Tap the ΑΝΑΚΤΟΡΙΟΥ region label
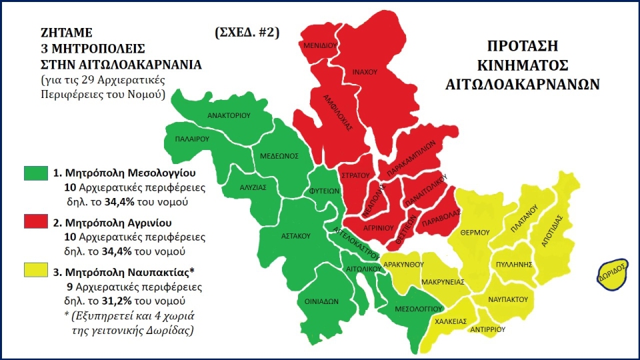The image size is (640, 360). pos(228,115)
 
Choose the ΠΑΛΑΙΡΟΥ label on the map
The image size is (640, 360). pos(192,140)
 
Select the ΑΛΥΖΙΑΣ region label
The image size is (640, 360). pos(253,188)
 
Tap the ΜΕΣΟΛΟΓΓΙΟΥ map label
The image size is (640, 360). pos(419,309)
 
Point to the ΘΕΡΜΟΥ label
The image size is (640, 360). pos(475,232)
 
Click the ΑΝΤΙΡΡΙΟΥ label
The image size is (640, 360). pos(491,329)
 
